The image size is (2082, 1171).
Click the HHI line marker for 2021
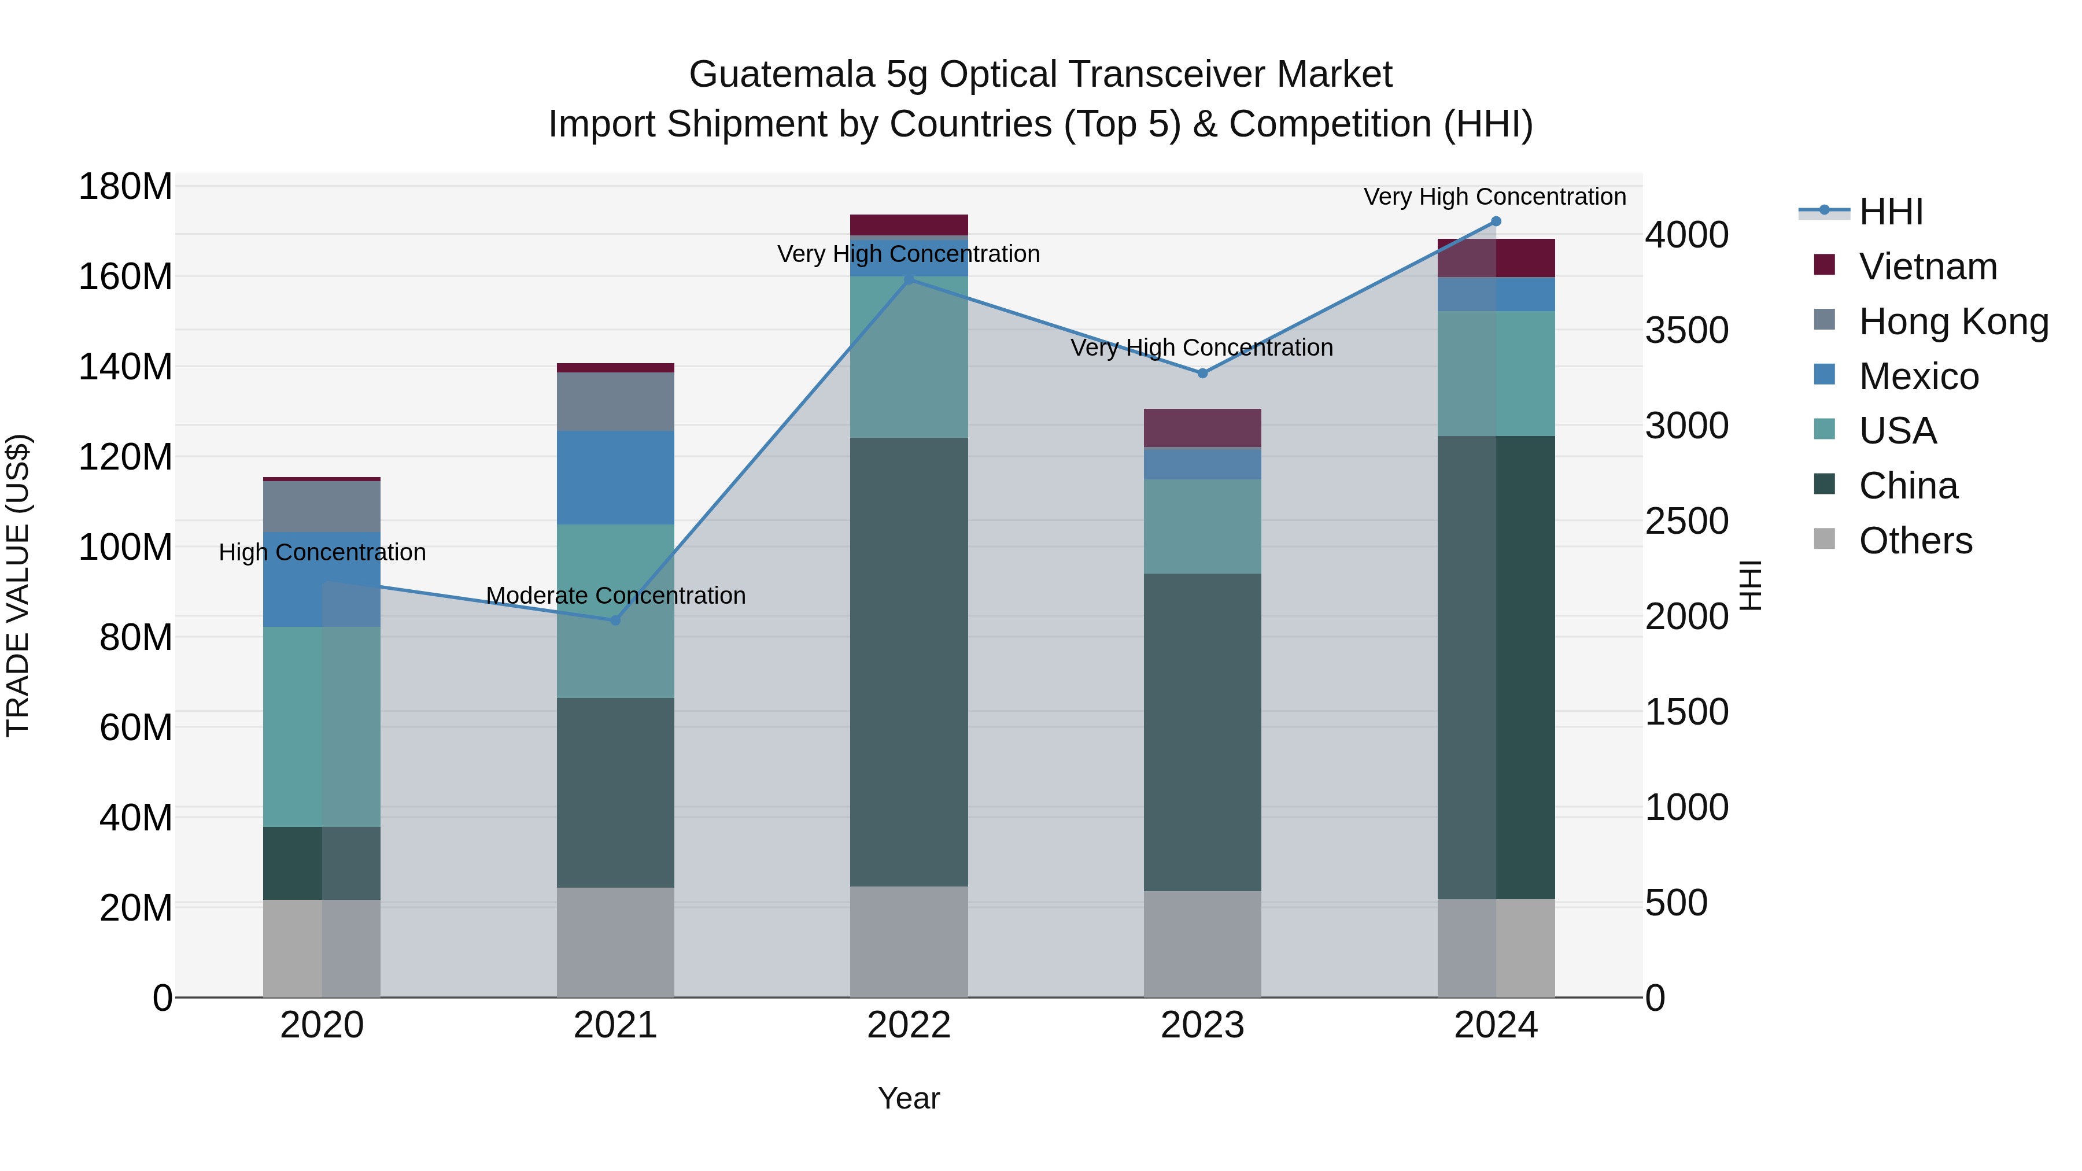[615, 620]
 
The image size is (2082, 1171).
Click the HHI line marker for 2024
[1495, 221]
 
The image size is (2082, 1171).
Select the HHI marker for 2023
[1202, 374]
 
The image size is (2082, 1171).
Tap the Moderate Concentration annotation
[615, 596]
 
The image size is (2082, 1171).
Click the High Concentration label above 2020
[322, 553]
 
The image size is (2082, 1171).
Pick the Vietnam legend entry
[1927, 267]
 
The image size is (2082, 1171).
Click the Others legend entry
[1915, 541]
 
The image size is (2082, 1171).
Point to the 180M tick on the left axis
[125, 187]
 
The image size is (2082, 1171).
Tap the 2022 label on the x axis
[909, 1025]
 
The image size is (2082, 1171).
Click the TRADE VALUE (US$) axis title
[18, 585]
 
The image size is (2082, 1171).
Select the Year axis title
[909, 1098]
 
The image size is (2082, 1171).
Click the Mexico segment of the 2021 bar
[615, 478]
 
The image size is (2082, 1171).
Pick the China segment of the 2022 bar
[909, 662]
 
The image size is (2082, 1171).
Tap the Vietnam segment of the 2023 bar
[1202, 428]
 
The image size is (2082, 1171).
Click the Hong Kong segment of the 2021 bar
[615, 402]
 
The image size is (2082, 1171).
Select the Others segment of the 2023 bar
[1202, 944]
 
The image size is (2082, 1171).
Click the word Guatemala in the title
[781, 75]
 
